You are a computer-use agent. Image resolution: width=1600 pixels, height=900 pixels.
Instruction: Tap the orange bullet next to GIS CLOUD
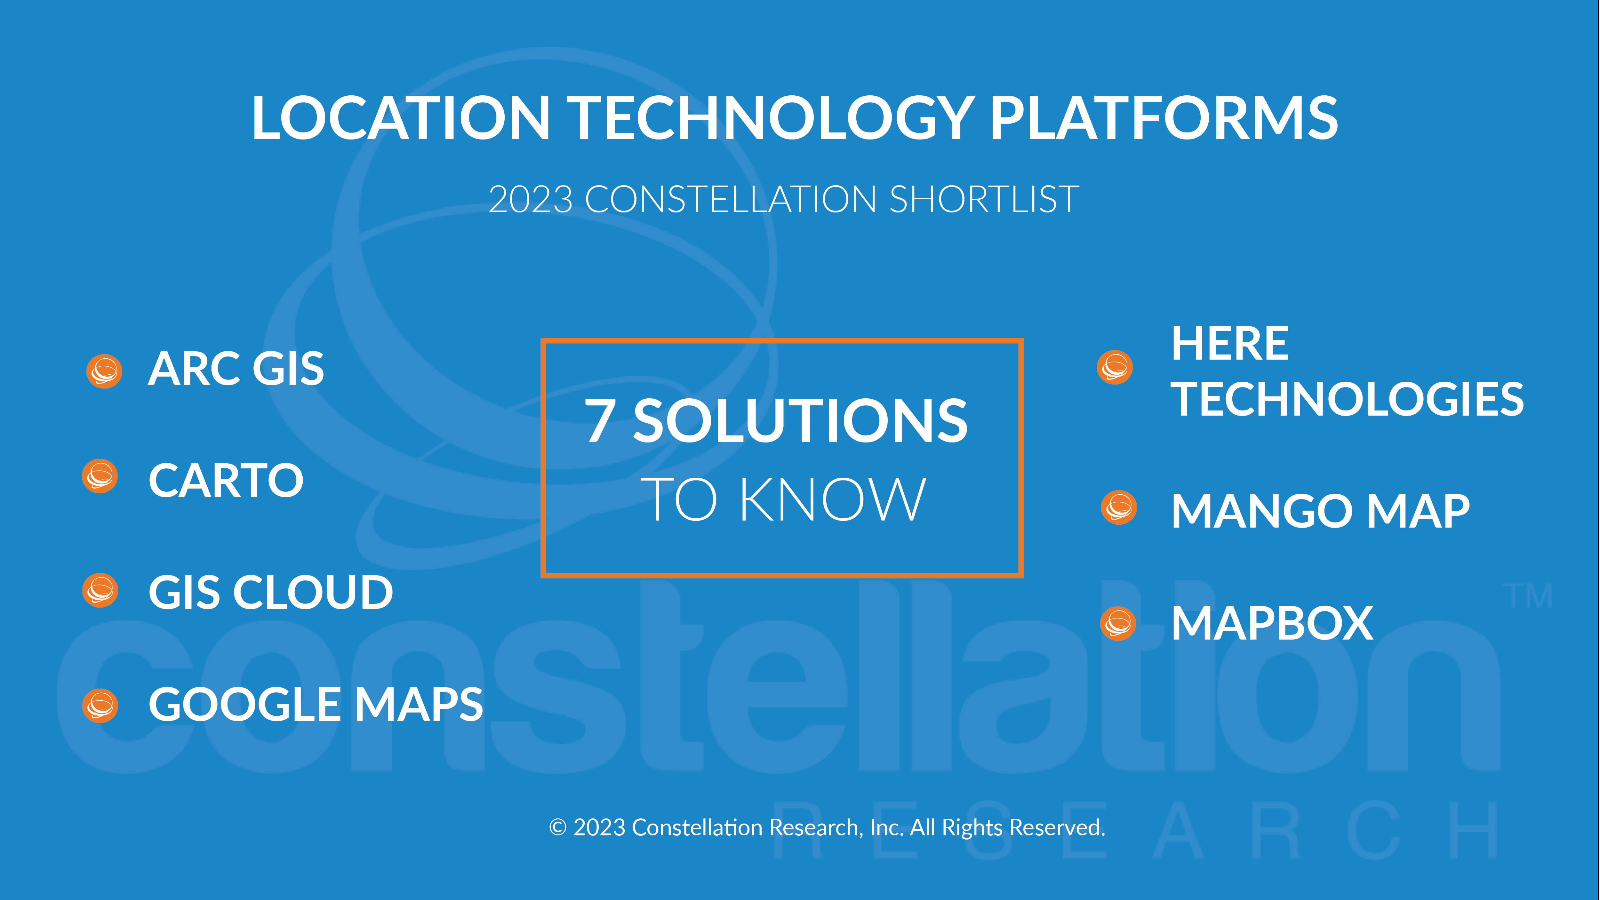pyautogui.click(x=100, y=590)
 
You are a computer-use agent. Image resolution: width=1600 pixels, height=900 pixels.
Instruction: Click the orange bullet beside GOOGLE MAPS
pyautogui.click(x=100, y=705)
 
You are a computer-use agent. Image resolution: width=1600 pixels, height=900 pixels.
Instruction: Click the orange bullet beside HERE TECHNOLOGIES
pyautogui.click(x=1116, y=367)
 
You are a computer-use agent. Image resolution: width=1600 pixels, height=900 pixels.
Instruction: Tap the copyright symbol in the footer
pyautogui.click(x=558, y=827)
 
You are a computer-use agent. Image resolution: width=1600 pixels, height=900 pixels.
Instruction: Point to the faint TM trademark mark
pyautogui.click(x=1528, y=596)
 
